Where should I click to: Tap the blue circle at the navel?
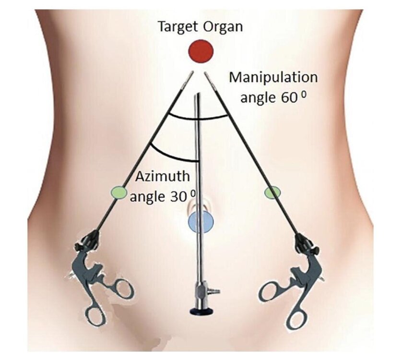[x=201, y=222]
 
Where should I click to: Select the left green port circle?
[x=119, y=192]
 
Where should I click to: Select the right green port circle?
[x=272, y=192]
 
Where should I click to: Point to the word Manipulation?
[x=273, y=77]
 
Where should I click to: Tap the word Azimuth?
[x=163, y=177]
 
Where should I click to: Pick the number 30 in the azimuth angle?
[x=178, y=197]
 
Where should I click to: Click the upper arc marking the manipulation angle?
[x=198, y=118]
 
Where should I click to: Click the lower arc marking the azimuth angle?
[x=172, y=156]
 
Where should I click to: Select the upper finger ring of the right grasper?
[x=270, y=290]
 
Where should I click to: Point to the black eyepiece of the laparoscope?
[x=201, y=311]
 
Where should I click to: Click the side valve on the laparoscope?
[x=213, y=291]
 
